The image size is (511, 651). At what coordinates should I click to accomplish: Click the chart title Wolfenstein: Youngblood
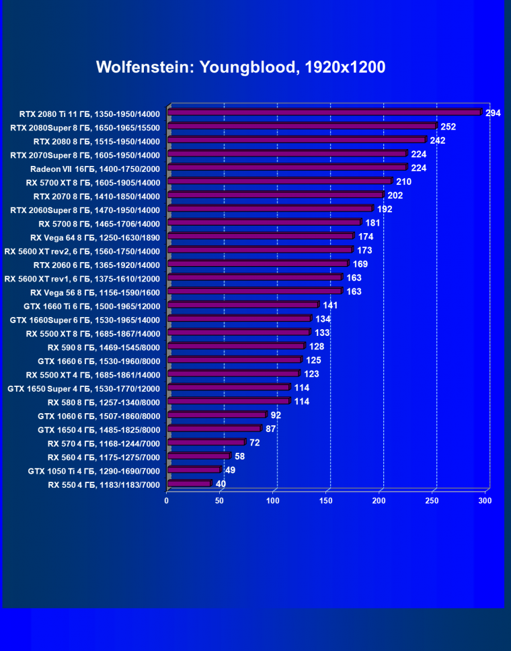click(240, 68)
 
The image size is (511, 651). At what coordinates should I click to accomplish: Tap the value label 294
click(494, 113)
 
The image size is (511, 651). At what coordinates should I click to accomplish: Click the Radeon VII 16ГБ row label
click(95, 169)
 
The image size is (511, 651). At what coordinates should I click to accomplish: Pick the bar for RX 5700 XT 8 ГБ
click(279, 181)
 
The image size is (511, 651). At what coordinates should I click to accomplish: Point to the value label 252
click(448, 127)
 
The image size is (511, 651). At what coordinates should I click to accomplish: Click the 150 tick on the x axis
click(326, 501)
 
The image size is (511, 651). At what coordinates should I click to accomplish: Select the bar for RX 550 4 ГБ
click(189, 484)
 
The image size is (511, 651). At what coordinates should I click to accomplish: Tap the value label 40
click(221, 484)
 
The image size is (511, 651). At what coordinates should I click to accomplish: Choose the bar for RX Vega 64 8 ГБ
click(260, 236)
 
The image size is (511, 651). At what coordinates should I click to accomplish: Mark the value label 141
click(331, 305)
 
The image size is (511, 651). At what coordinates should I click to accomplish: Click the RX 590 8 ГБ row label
click(104, 347)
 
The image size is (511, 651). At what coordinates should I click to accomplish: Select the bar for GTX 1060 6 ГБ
click(217, 415)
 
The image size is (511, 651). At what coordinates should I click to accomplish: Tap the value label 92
click(276, 415)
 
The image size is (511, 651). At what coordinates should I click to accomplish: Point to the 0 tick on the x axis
click(167, 501)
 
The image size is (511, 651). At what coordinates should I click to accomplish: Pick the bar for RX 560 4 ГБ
click(198, 456)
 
